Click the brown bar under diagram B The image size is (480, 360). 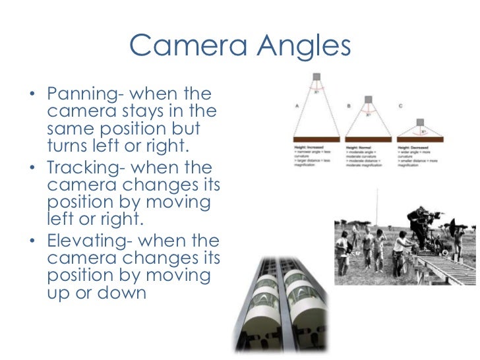click(369, 138)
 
